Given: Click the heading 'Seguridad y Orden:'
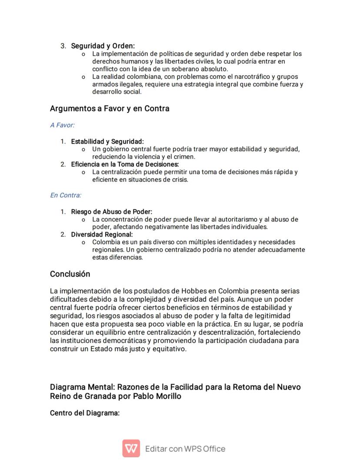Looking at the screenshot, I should click(103, 46).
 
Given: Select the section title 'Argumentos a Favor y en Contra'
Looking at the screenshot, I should click(110, 108).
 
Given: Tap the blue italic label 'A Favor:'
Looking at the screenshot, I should click(62, 125).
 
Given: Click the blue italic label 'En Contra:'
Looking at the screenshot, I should click(66, 195).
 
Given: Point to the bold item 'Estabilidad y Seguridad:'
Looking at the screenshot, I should click(107, 141).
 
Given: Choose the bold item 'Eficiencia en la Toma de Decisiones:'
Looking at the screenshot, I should click(125, 164).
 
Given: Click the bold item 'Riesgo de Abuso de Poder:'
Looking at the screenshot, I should click(112, 212).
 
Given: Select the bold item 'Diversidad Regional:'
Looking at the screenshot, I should click(102, 235).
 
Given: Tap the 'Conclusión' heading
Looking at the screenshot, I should click(70, 274).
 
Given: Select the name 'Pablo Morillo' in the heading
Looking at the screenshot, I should click(157, 396).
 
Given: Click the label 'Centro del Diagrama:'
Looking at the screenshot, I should click(85, 413).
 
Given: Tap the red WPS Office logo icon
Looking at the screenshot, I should click(131, 449).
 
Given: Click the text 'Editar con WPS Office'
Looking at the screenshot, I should click(185, 449).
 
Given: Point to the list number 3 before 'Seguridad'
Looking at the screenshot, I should click(63, 46).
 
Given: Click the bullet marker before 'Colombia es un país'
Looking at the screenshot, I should click(83, 242).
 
